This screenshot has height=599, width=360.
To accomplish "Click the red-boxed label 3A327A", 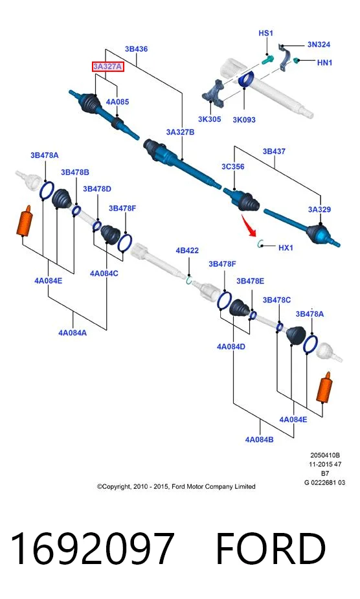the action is pos(107,67).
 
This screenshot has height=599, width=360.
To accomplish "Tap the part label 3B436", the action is pos(136,49).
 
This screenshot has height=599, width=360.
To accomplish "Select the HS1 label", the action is pos(265,33).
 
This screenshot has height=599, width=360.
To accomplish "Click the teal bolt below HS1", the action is pos(268,59).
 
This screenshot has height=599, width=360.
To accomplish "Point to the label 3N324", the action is pos(319,44).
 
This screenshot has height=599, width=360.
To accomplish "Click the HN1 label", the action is pos(324,62).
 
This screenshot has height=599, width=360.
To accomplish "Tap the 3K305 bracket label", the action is pos(209,119).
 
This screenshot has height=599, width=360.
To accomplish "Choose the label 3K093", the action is pos(244,120).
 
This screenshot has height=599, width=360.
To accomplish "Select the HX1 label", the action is pos(286,247).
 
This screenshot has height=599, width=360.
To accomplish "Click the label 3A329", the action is pos(319,209).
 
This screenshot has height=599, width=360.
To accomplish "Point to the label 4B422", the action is pos(187,251).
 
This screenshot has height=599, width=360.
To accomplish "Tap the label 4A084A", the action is pos(73,333).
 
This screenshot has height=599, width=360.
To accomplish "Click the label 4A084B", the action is pos(259,439).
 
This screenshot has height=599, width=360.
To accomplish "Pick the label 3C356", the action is pos(232,166).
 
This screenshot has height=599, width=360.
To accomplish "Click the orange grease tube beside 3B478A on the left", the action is pos(25,221).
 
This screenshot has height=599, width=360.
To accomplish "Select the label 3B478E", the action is pos(250,281).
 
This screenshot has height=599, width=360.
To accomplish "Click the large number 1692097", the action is pos(92,548).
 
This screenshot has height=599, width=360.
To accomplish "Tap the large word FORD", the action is pos(271,548).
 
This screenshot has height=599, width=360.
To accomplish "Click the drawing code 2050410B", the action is pos(325,455).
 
